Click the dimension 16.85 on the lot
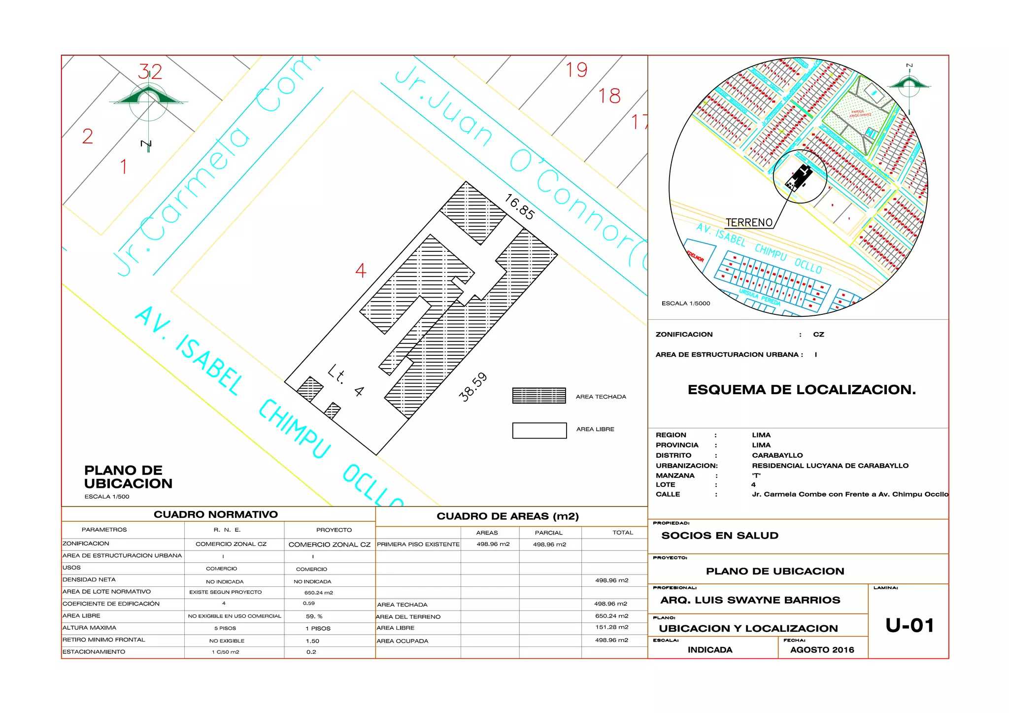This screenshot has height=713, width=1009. (520, 207)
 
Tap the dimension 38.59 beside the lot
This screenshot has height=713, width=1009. (473, 387)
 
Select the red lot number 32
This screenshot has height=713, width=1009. (150, 72)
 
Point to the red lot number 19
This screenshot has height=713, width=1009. (576, 70)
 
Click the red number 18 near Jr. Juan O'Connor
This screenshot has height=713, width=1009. (609, 96)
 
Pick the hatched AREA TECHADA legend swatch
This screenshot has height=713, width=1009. (539, 396)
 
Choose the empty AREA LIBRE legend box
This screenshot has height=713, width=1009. (539, 430)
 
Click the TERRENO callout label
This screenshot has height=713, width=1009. (749, 223)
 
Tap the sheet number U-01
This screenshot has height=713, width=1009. (909, 626)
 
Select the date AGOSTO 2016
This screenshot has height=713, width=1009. (822, 650)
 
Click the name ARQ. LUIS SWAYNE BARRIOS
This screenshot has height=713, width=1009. (750, 600)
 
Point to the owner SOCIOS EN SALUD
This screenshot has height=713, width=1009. (720, 536)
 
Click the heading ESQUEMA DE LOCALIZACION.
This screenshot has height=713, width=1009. (802, 390)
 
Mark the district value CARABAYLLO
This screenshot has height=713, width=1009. (777, 455)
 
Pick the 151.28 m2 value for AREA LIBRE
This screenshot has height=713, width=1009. (611, 627)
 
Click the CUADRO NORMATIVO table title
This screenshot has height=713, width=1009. (216, 514)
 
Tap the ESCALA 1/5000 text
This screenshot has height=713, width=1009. (686, 304)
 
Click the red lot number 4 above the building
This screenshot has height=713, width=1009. (361, 271)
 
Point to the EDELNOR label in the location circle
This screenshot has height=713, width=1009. (696, 257)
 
